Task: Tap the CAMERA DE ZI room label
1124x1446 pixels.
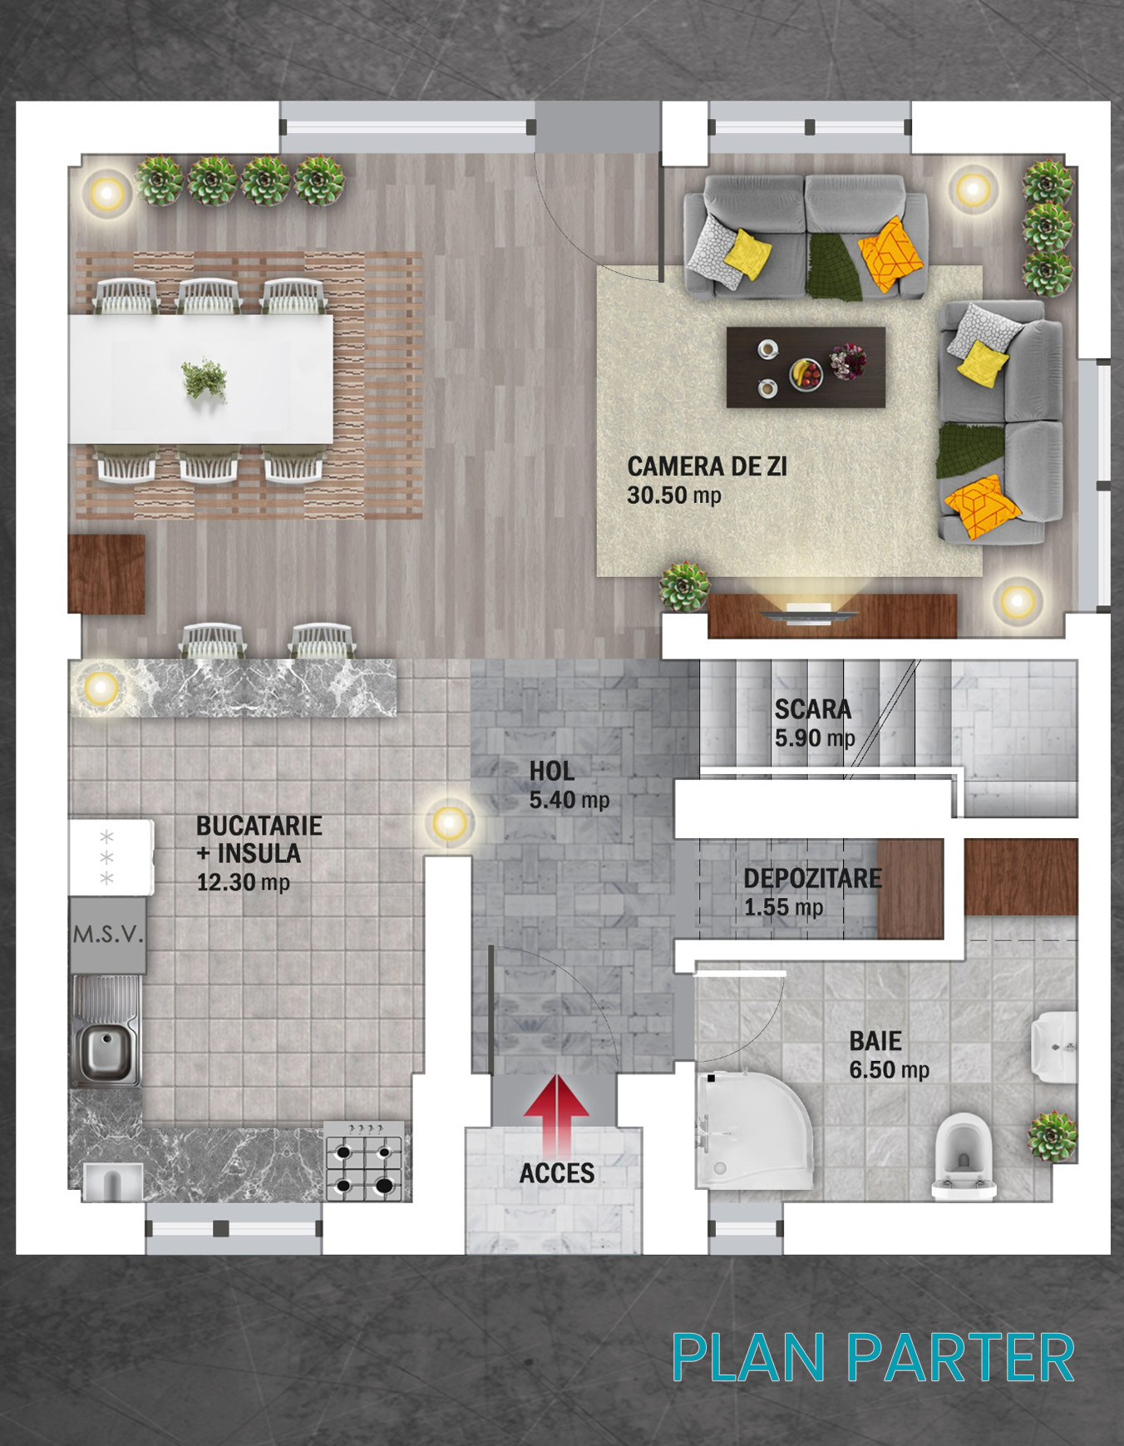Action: click(x=707, y=466)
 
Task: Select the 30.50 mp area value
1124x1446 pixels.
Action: click(x=674, y=496)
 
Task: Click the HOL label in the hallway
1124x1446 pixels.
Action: click(x=552, y=771)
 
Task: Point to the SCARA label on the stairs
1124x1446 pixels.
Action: click(x=813, y=709)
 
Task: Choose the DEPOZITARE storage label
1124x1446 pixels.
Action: click(x=812, y=878)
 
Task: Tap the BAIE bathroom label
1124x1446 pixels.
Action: click(x=875, y=1041)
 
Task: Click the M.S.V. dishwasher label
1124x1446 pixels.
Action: click(x=108, y=935)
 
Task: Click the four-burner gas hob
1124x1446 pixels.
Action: click(x=364, y=1161)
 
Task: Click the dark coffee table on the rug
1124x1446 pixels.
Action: click(x=806, y=367)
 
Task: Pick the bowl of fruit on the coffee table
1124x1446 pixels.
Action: click(x=806, y=373)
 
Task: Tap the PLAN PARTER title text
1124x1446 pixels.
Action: click(x=873, y=1358)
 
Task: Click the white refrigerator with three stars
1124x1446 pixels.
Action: click(x=111, y=857)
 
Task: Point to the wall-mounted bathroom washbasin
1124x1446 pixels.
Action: click(x=1053, y=1047)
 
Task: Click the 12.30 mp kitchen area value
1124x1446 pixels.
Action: click(x=243, y=882)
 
